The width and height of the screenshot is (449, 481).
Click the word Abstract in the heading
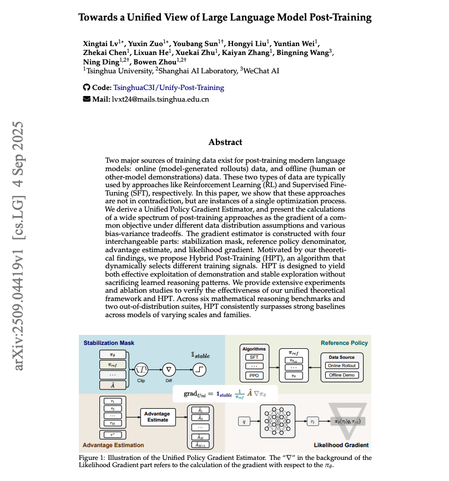click(225, 142)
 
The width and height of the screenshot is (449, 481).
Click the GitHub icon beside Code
click(86, 88)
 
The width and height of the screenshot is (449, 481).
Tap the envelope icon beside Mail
click(86, 99)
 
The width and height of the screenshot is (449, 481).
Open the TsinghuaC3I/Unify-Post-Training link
click(169, 88)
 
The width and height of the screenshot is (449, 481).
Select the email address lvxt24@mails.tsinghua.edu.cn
click(161, 99)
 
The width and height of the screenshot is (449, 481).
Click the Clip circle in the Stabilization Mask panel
click(142, 368)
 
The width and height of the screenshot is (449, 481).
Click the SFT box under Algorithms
click(254, 357)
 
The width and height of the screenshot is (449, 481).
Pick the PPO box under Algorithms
click(254, 376)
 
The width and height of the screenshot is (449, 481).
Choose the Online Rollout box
click(342, 365)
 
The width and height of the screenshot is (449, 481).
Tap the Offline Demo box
click(342, 375)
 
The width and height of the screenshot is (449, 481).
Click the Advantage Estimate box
click(157, 417)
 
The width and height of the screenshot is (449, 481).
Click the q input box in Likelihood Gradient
click(241, 422)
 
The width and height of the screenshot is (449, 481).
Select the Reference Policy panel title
click(344, 343)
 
